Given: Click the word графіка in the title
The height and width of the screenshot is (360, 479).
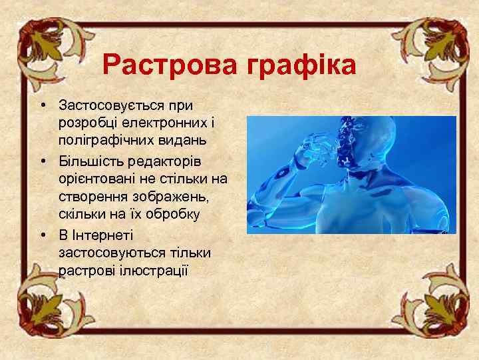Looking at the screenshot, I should [x=302, y=66].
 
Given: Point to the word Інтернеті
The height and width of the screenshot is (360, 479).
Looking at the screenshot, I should [x=102, y=235].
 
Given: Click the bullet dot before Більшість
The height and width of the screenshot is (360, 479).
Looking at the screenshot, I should [x=42, y=162].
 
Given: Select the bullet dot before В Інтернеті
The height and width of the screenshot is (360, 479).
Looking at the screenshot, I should [x=42, y=235].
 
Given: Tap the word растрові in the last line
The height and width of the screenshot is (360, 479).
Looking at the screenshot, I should [x=84, y=271].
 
